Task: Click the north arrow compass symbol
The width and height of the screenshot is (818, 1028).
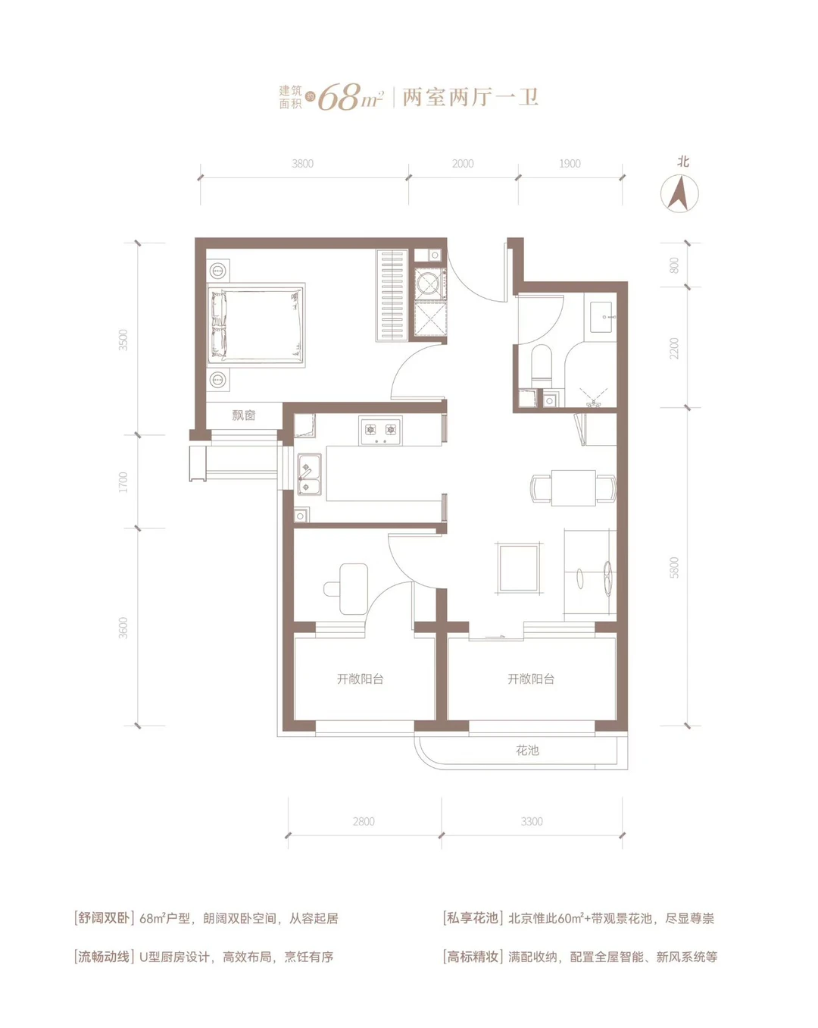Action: click(x=679, y=193)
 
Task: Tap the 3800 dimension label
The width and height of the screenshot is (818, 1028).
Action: click(x=302, y=164)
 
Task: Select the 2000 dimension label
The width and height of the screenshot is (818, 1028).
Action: click(x=463, y=164)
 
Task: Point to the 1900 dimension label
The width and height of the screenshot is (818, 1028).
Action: click(x=570, y=164)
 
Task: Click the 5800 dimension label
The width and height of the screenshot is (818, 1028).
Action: click(x=674, y=568)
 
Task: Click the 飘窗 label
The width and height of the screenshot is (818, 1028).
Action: click(x=243, y=415)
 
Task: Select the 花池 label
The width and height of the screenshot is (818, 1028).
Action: click(x=527, y=751)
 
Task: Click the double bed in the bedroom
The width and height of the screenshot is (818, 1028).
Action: click(x=256, y=324)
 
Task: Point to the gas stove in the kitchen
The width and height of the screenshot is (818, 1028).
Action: click(x=380, y=431)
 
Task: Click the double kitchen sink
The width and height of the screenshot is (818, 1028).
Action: click(x=310, y=474)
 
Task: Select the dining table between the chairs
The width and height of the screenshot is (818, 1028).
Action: click(x=573, y=487)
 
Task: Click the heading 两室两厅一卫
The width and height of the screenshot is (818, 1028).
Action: click(x=470, y=98)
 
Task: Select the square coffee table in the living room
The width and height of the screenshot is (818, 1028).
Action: click(x=519, y=568)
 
